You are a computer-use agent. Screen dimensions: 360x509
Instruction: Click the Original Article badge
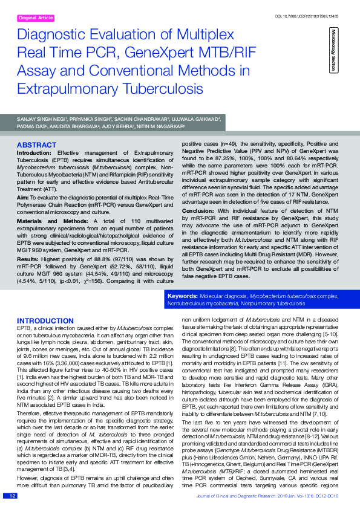pyautogui.click(x=37, y=18)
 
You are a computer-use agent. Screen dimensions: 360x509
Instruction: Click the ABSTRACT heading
pyautogui.click(x=37, y=146)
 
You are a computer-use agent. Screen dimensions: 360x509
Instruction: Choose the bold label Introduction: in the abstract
pyautogui.click(x=34, y=153)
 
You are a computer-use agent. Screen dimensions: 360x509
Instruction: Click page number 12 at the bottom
pyautogui.click(x=11, y=496)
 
